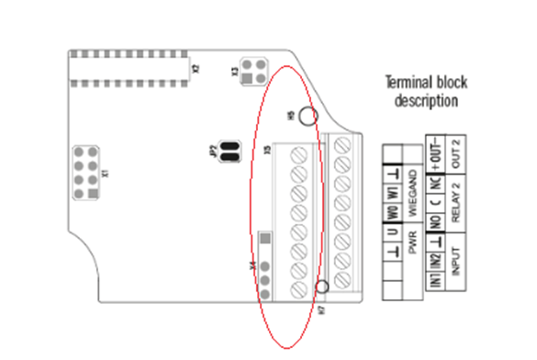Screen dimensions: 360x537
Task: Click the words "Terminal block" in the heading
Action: [x=421, y=83]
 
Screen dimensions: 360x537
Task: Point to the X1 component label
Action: [x=106, y=171]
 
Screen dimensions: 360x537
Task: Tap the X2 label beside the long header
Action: [x=195, y=68]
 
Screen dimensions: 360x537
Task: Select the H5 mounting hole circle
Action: [x=308, y=116]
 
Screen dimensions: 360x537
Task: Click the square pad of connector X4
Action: [x=265, y=239]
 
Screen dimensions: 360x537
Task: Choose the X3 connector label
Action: [x=235, y=70]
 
